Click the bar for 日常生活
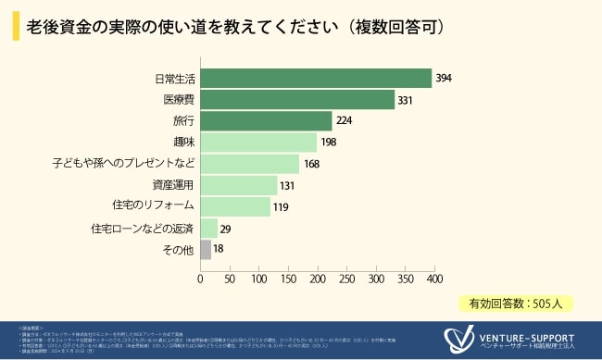(x=316, y=79)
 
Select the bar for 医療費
(x=297, y=100)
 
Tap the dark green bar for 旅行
(x=266, y=121)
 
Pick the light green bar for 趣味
(x=258, y=143)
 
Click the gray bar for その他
(x=206, y=249)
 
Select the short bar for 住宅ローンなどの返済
(x=208, y=228)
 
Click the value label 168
(x=311, y=165)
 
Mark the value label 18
(x=219, y=250)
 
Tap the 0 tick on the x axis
(x=200, y=277)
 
